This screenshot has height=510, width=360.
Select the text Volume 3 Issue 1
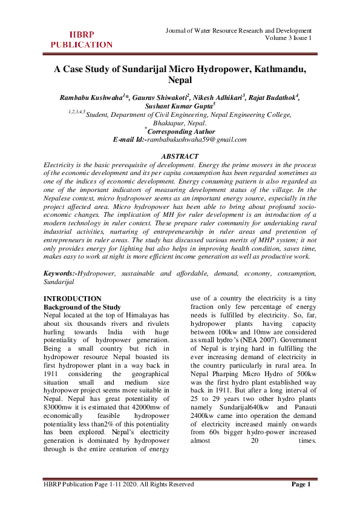click(x=288, y=38)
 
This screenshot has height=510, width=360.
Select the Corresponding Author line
click(x=181, y=131)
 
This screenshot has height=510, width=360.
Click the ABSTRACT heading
click(x=180, y=156)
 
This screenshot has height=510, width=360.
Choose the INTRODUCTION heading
click(x=73, y=299)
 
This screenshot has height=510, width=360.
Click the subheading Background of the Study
click(x=82, y=307)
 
